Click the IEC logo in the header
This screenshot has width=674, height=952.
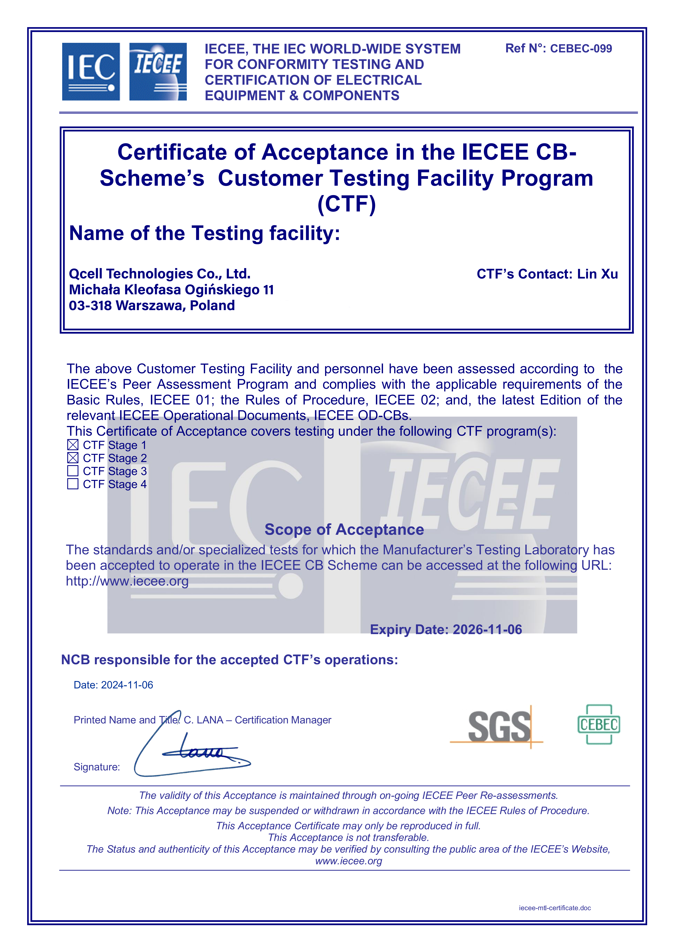(91, 72)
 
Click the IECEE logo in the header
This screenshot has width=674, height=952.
(158, 72)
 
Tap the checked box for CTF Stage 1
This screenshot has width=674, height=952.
(73, 445)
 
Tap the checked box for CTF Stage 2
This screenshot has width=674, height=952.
(73, 458)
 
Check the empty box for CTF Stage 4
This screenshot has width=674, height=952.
(73, 484)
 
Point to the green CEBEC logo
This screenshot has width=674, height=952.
(598, 724)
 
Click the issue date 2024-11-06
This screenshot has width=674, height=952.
(127, 685)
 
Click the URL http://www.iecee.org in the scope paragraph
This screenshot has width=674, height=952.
(127, 581)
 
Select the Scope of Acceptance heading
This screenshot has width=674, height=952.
(344, 530)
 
